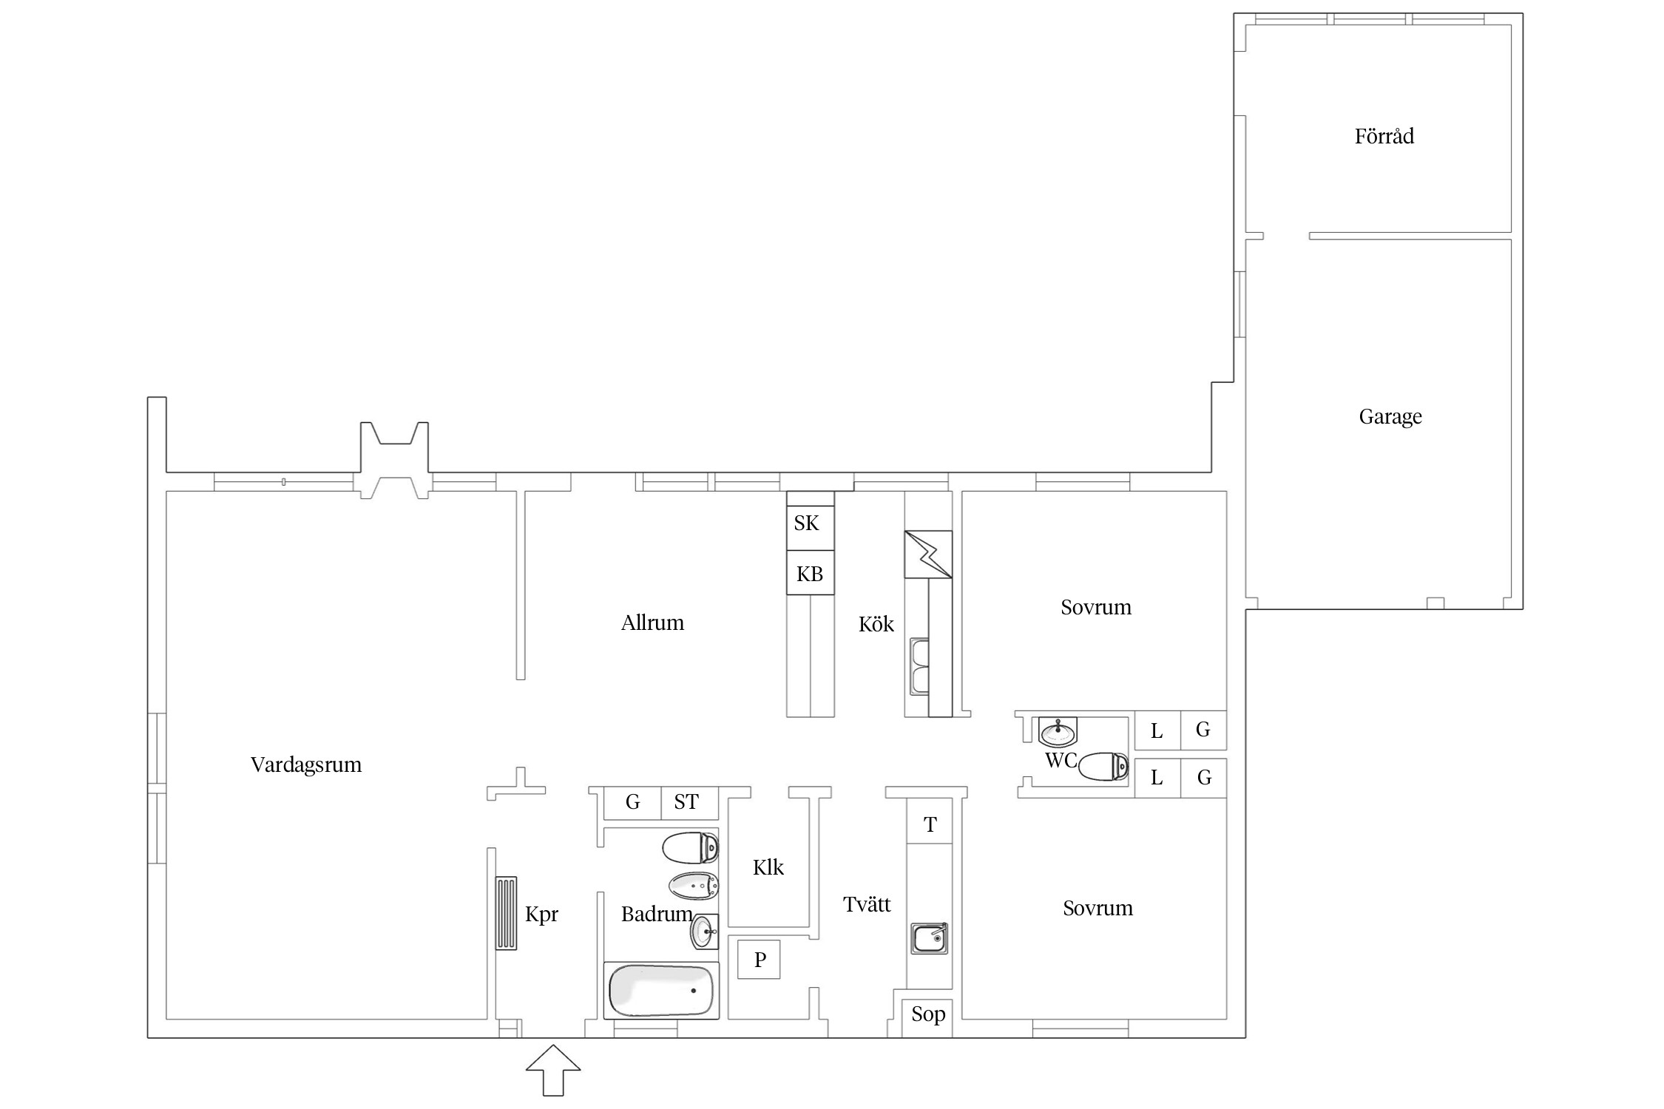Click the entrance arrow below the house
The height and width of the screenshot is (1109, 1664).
(x=553, y=1070)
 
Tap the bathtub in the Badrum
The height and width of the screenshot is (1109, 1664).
(x=661, y=991)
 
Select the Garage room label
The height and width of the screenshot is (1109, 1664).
(x=1390, y=417)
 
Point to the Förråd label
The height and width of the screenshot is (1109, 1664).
(x=1384, y=136)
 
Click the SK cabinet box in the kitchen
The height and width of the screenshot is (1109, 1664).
(x=810, y=528)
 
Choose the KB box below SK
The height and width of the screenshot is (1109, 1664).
(x=810, y=572)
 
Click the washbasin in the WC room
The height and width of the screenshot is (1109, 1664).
(x=1058, y=731)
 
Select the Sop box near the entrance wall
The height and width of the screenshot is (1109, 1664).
(x=927, y=1017)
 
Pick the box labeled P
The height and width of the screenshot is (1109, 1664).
(x=759, y=959)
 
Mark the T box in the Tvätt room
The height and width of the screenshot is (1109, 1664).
(x=930, y=824)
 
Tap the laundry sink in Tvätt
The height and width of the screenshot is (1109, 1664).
(x=930, y=938)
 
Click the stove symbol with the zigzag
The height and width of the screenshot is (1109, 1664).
(x=928, y=554)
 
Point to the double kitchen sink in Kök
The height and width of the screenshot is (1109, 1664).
(x=919, y=667)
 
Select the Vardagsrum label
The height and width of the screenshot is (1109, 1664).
(x=306, y=764)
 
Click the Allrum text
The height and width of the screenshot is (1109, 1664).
(x=652, y=623)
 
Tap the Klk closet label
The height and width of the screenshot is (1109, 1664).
(x=768, y=867)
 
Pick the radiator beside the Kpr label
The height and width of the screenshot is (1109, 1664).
(x=507, y=913)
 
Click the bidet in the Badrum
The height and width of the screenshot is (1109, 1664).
(x=694, y=885)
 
